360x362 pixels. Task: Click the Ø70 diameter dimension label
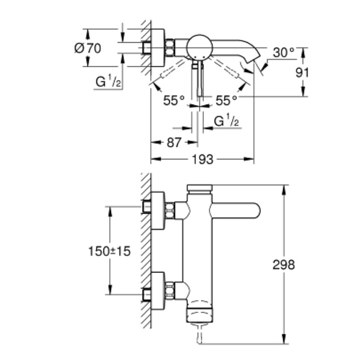88,48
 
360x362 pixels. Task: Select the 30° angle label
284,53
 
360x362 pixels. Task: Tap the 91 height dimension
302,73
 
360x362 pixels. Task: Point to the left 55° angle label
174,101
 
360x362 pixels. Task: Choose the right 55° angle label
226,101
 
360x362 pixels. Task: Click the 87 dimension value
174,142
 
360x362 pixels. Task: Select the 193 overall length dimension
203,159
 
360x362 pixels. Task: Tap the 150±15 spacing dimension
109,251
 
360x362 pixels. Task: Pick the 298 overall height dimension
284,264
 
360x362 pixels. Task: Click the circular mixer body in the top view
199,48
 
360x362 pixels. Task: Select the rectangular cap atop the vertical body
200,188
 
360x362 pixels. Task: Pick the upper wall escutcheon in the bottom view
158,211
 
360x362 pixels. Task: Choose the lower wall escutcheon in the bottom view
158,291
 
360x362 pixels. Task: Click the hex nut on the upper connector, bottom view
170,210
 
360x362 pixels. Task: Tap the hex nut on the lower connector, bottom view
170,291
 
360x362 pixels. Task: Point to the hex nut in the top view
170,48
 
